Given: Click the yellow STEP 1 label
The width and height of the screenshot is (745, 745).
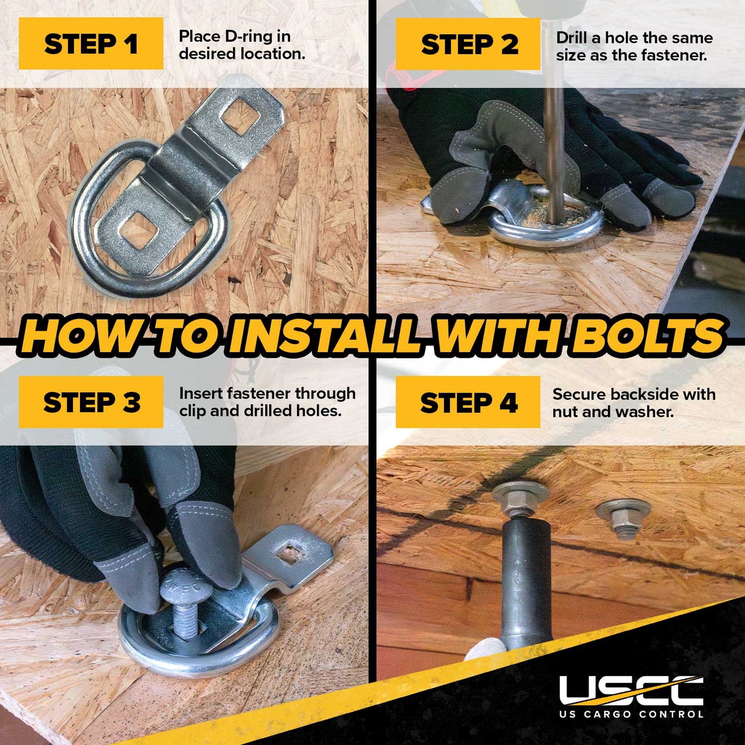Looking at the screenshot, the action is pyautogui.click(x=91, y=43).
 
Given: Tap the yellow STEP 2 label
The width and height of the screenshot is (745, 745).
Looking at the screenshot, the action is pyautogui.click(x=468, y=44).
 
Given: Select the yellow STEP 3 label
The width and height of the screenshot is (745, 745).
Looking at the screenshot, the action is pyautogui.click(x=91, y=402).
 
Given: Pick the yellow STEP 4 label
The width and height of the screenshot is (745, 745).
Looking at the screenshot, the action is pyautogui.click(x=468, y=402).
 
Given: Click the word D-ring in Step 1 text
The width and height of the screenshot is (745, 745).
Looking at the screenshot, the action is pyautogui.click(x=247, y=37).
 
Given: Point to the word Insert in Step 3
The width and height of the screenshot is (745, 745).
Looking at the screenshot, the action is pyautogui.click(x=200, y=393).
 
